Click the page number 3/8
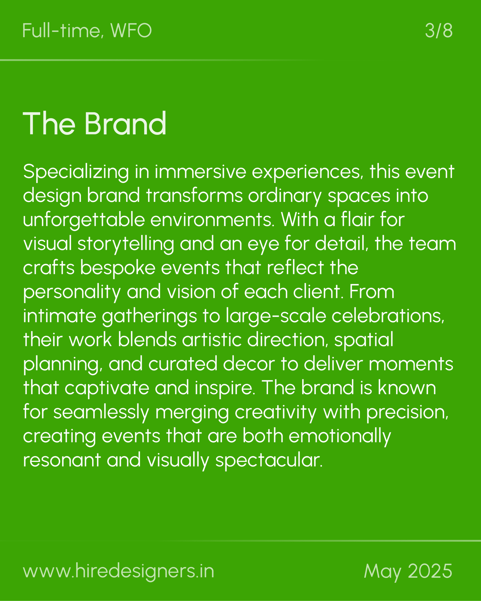tap(439, 31)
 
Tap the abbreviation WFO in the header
tap(131, 31)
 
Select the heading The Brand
tap(94, 124)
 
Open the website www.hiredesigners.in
tap(118, 571)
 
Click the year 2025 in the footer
tap(430, 571)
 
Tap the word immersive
tap(200, 172)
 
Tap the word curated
tap(183, 364)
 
